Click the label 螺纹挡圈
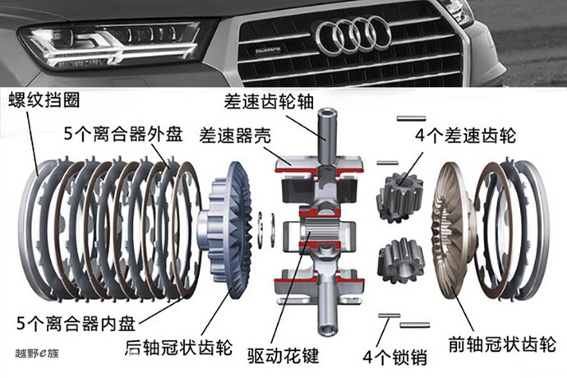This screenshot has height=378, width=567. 46,100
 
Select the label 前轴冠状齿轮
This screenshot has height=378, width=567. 498,343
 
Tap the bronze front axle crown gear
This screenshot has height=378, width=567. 449,229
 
